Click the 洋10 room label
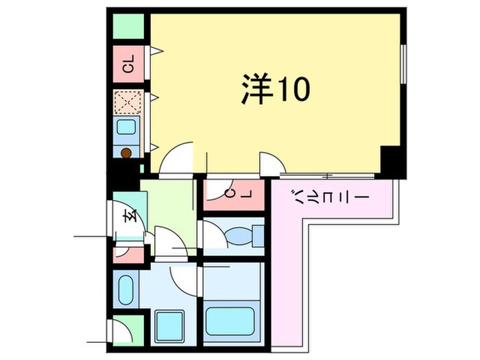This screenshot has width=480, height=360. click(x=275, y=89)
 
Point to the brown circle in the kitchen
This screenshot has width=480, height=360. click(x=127, y=154)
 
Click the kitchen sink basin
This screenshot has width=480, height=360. click(x=127, y=128)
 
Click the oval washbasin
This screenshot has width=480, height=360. click(x=126, y=291)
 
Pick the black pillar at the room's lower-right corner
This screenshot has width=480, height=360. click(x=393, y=162)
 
